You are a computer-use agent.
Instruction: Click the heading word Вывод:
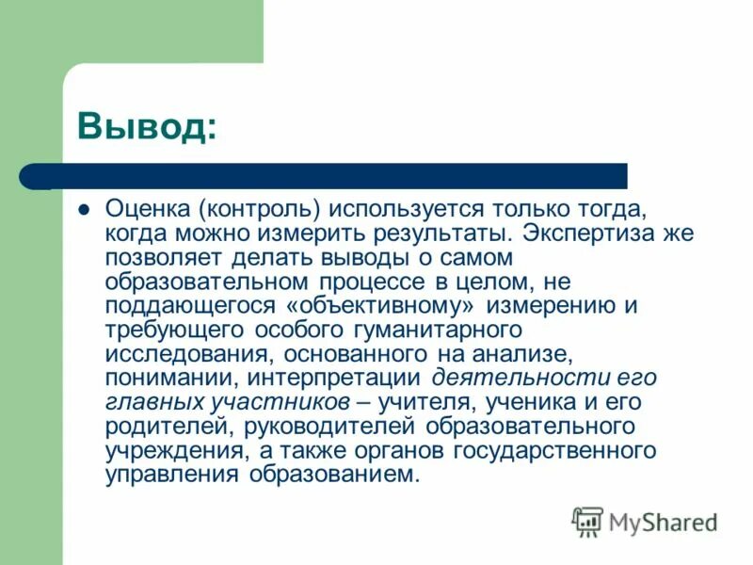(147, 124)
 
